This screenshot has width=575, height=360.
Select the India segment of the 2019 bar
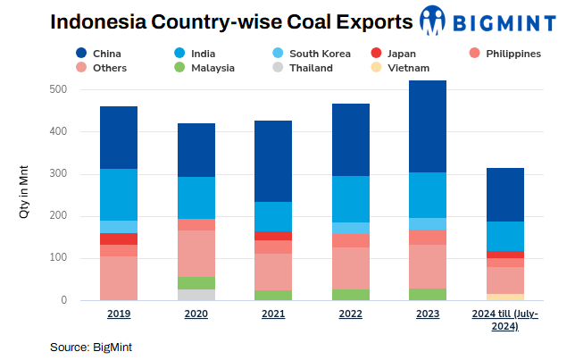[x=119, y=194]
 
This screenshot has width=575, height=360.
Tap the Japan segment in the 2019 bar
[x=119, y=239]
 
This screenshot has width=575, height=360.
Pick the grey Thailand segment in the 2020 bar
[x=196, y=295]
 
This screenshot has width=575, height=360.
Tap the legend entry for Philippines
[x=505, y=54]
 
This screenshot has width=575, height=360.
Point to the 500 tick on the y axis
[x=60, y=89]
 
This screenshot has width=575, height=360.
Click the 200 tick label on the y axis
[x=60, y=216]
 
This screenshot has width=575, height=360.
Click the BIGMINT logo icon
[x=432, y=20]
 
